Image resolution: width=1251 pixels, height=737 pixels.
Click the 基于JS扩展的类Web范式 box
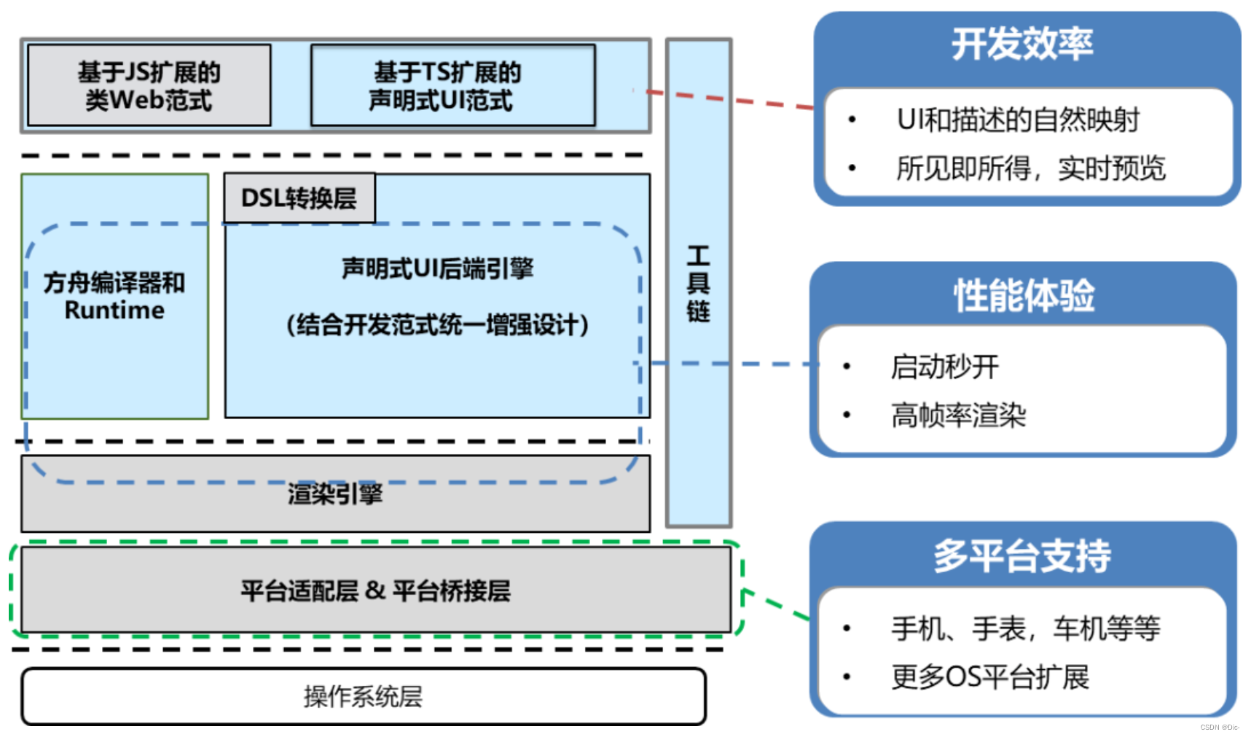(149, 85)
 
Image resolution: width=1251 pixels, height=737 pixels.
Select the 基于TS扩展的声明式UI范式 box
(452, 85)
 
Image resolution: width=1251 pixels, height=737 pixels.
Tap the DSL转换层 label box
(299, 198)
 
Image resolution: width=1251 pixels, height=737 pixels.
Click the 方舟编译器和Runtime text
(114, 296)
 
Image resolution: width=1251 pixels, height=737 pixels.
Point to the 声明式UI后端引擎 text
(437, 268)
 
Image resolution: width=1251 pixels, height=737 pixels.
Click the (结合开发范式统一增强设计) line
(437, 324)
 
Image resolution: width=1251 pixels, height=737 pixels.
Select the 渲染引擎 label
(334, 494)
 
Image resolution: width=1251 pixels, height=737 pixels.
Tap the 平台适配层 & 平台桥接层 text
(375, 590)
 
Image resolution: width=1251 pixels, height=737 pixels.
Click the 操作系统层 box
(363, 696)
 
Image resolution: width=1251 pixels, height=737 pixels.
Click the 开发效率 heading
(1021, 44)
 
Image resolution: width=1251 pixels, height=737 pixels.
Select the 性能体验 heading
(1024, 296)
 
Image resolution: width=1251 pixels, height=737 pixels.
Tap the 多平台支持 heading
(1021, 555)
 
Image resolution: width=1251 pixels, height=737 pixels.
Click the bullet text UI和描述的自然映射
(1017, 120)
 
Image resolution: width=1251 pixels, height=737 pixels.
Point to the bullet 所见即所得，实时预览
(1030, 168)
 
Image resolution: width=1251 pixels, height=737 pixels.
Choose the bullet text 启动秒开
(944, 366)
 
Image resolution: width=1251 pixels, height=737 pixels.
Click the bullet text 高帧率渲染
(958, 416)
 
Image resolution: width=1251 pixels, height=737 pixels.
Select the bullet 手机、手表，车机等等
(1025, 628)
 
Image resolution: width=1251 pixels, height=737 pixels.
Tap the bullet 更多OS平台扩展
(989, 676)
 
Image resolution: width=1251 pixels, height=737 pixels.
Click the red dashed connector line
(729, 99)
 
